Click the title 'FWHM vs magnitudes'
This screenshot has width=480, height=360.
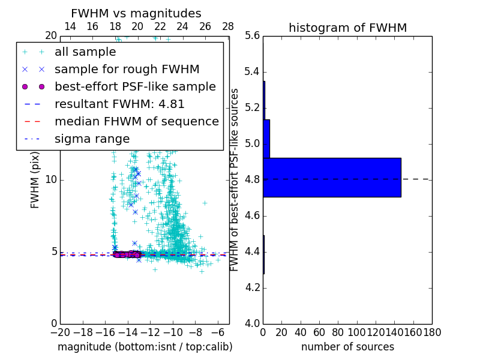click(x=136, y=13)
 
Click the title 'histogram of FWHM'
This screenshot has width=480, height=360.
click(x=347, y=28)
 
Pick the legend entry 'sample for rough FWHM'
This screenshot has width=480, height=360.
click(x=127, y=69)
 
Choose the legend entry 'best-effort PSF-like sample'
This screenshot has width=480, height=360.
click(x=135, y=86)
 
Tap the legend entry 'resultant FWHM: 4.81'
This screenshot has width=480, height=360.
click(x=119, y=104)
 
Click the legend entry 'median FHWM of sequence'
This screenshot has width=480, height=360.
click(x=136, y=121)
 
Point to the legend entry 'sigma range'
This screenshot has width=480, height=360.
click(x=92, y=139)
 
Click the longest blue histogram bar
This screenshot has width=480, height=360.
click(x=332, y=177)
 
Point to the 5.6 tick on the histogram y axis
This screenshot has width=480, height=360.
click(x=253, y=35)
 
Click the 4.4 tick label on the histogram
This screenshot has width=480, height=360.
click(x=253, y=251)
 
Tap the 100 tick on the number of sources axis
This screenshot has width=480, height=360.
click(x=357, y=332)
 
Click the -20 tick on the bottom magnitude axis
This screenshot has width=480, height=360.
click(x=60, y=332)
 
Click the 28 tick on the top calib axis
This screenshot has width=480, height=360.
click(x=228, y=26)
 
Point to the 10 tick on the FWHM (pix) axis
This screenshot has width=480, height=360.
click(x=50, y=179)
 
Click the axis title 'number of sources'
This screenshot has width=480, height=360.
click(x=347, y=347)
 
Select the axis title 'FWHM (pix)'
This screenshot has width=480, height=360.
click(x=35, y=179)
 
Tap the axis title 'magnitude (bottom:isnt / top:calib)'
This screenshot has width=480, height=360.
click(x=145, y=347)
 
